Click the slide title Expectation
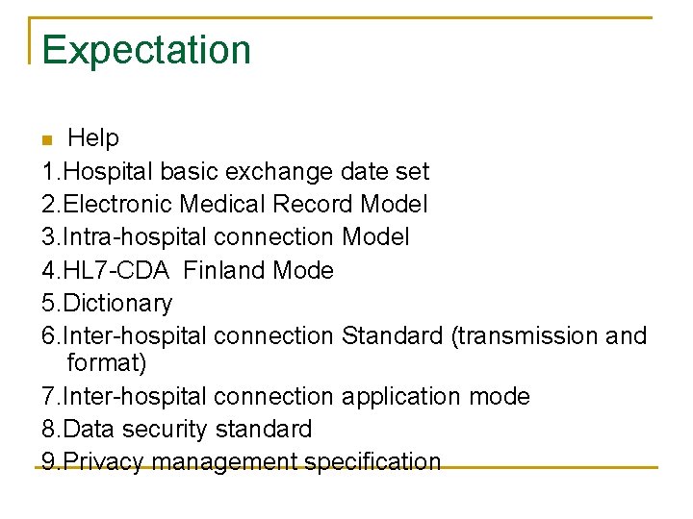coord(146,50)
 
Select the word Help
coord(93,138)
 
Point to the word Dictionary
coord(117,304)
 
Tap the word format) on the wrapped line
coord(107,363)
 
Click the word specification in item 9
coord(372,461)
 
